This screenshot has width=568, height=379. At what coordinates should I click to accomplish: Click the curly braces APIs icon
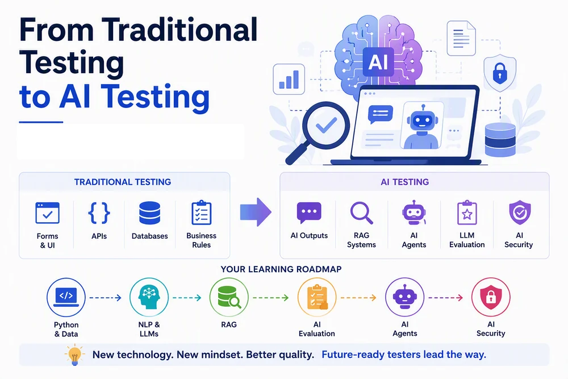click(x=99, y=213)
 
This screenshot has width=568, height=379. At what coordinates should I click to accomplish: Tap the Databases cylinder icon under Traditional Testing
click(x=149, y=213)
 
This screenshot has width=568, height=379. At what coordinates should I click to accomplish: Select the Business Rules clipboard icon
click(x=202, y=213)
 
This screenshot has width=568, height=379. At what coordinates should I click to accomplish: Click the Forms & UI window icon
click(x=48, y=213)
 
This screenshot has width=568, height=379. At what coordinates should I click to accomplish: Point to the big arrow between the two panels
click(x=256, y=213)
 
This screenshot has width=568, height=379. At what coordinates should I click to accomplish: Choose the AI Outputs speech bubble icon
click(x=309, y=213)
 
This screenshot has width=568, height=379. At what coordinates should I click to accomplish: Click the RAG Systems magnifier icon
click(x=361, y=213)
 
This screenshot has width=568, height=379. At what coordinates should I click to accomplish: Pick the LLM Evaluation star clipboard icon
click(x=467, y=213)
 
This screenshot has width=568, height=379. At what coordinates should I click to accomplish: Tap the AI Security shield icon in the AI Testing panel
click(x=520, y=213)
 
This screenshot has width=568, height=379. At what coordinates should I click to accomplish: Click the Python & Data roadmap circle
click(x=66, y=298)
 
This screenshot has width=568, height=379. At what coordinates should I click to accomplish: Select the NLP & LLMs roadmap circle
click(x=149, y=298)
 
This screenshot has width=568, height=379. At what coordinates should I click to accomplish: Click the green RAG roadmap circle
click(x=229, y=298)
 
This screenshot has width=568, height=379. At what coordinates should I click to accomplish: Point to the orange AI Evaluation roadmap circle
click(x=317, y=298)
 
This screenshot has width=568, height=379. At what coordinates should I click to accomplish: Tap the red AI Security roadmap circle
click(x=491, y=298)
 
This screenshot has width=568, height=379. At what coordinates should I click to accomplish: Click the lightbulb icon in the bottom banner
click(x=74, y=355)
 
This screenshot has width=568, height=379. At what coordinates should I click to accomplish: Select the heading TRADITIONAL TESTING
click(x=123, y=182)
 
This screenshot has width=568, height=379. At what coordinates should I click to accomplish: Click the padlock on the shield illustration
click(x=500, y=73)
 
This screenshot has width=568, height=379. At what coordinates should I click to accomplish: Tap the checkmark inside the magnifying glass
click(x=327, y=125)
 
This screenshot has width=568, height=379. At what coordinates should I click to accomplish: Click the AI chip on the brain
click(x=378, y=62)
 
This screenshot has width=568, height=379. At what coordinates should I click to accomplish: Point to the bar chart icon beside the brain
click(x=289, y=80)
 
